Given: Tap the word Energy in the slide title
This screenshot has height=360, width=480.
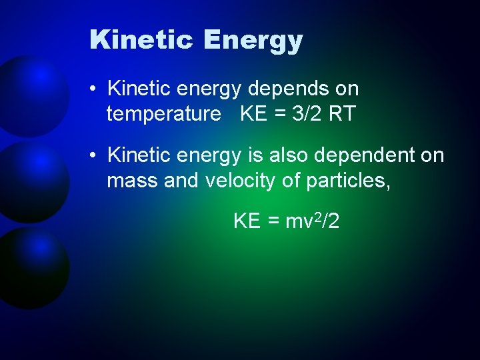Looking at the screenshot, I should tap(253, 41).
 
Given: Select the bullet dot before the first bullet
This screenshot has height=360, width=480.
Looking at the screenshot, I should tap(95, 89).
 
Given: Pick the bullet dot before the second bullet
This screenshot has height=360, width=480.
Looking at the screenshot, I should tap(95, 156).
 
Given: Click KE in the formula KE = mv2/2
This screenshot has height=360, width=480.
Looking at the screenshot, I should tap(247, 221).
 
